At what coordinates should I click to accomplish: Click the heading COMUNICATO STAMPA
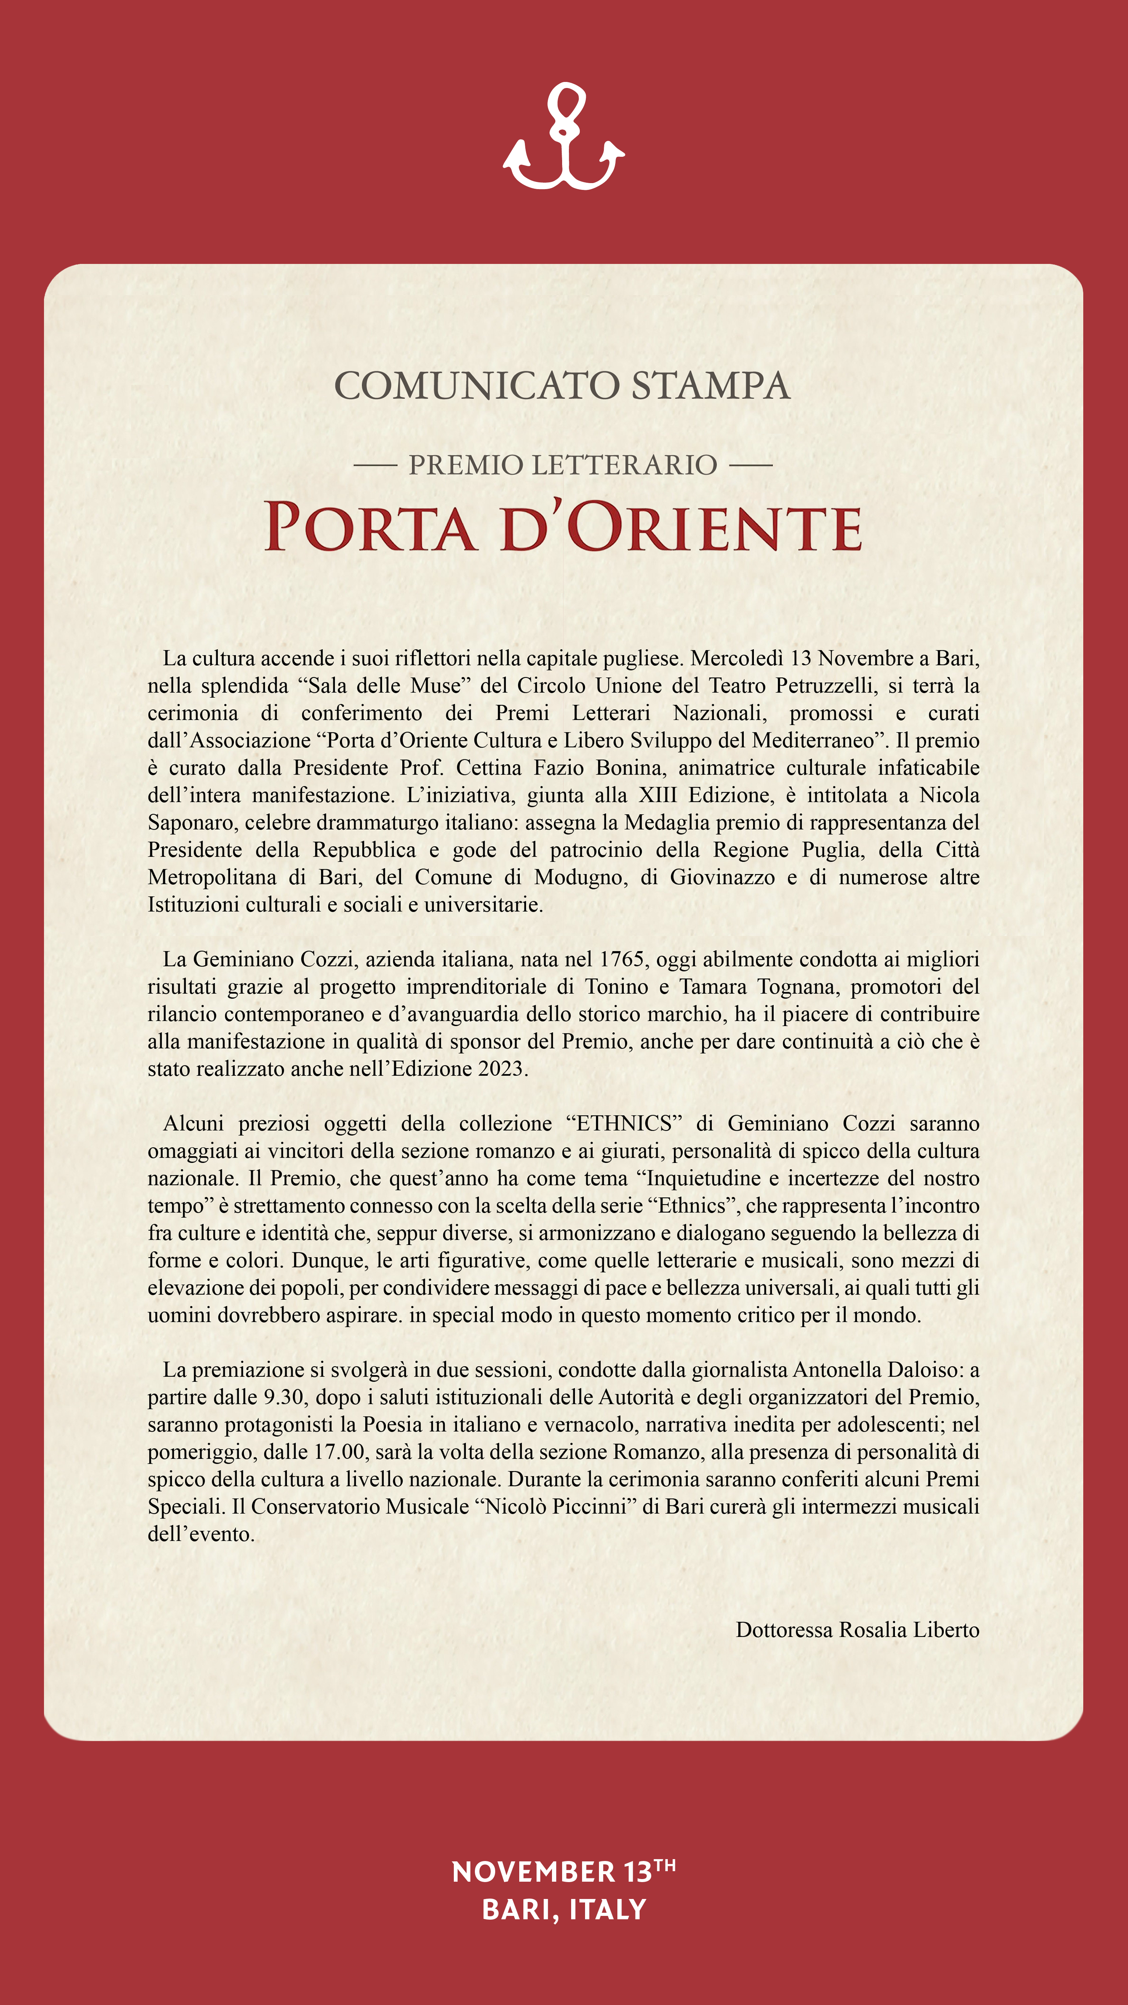click(x=562, y=386)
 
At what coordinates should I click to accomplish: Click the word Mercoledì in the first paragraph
click(x=737, y=658)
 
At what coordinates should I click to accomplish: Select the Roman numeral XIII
click(x=658, y=796)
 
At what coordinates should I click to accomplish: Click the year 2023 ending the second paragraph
click(x=500, y=1068)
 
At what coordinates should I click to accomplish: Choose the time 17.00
click(x=340, y=1452)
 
